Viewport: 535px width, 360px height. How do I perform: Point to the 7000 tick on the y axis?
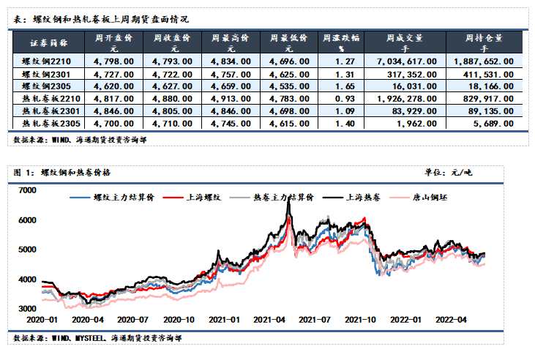pyautogui.click(x=26, y=190)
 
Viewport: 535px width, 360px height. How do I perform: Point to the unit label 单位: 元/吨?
pyautogui.click(x=449, y=173)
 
